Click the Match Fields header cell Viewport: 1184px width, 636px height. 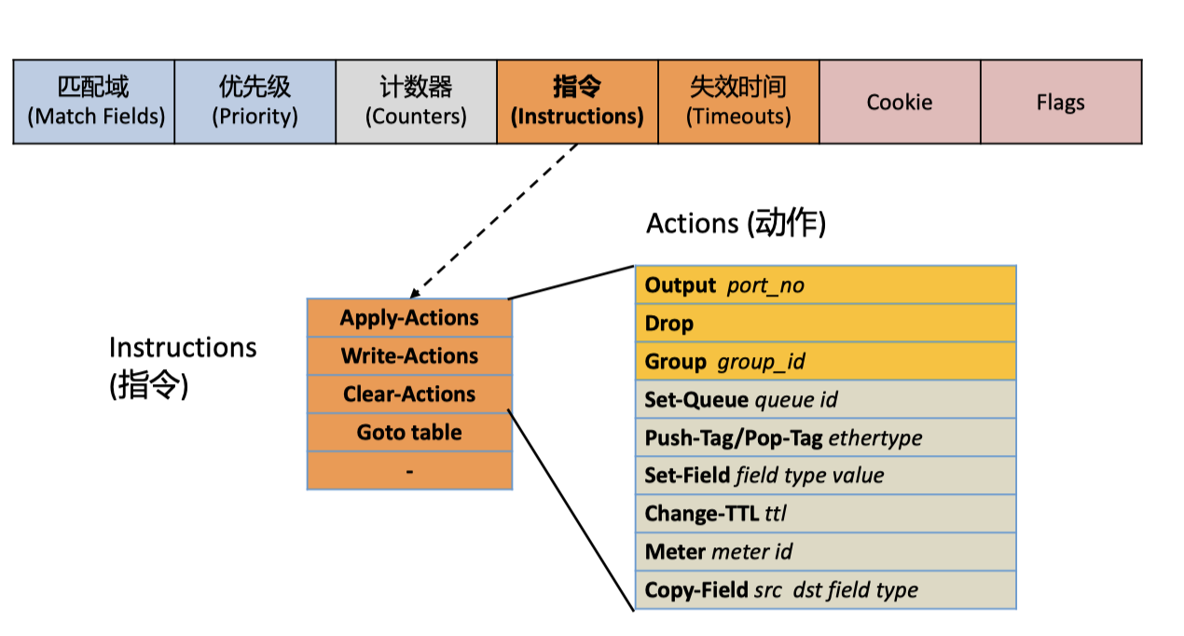(94, 102)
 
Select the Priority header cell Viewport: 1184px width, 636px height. (255, 102)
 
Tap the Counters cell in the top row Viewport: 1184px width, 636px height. (416, 102)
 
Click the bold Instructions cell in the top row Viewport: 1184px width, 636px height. (577, 102)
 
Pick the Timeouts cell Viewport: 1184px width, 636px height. (738, 102)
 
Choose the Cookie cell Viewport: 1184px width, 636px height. (900, 102)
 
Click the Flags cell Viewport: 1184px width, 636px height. (1061, 102)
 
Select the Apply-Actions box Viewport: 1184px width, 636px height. (409, 318)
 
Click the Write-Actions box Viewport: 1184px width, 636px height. (409, 356)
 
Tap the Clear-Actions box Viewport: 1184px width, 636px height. (409, 394)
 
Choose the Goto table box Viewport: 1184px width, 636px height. (409, 433)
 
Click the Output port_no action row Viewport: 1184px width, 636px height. (825, 285)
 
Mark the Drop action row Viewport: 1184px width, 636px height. (825, 324)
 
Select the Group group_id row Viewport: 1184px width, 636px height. (825, 362)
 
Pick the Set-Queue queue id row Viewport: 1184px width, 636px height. (825, 400)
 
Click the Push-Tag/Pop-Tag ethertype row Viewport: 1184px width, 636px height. (825, 437)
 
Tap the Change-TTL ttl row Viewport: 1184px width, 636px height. (825, 514)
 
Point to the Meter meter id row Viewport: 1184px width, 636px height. (825, 552)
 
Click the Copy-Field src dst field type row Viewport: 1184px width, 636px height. (825, 590)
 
